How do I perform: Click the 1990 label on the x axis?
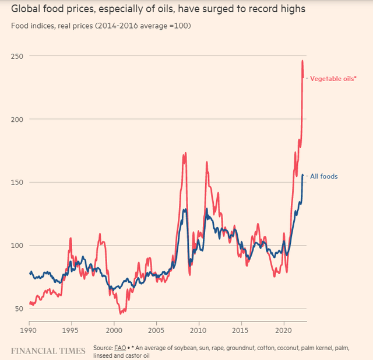tap(29, 330)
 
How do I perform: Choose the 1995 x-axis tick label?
tap(72, 330)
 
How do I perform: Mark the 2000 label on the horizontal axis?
tap(114, 330)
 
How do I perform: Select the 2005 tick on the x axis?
tap(157, 330)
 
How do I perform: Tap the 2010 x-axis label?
tap(199, 330)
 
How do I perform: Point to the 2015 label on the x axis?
tap(241, 330)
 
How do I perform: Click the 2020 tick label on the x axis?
tap(284, 330)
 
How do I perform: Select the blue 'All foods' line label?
tap(324, 176)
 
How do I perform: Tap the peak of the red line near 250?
tap(302, 61)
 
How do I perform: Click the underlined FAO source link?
tap(120, 348)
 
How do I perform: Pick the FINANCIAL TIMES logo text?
tap(48, 351)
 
